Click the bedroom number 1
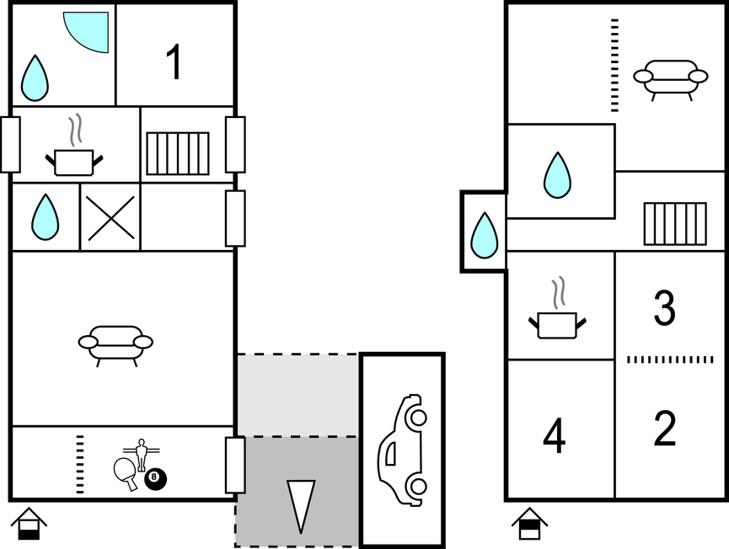[x=174, y=62]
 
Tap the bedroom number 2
[x=665, y=429]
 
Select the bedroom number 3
[x=664, y=307]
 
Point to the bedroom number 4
[x=555, y=435]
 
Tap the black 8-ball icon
[x=155, y=478]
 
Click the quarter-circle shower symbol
[x=86, y=32]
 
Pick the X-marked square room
[x=110, y=217]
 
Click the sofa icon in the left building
[x=115, y=345]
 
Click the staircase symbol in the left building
[x=178, y=154]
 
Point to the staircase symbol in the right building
[x=675, y=224]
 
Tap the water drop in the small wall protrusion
[x=485, y=235]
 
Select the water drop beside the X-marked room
[x=46, y=217]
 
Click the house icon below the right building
[x=529, y=524]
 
